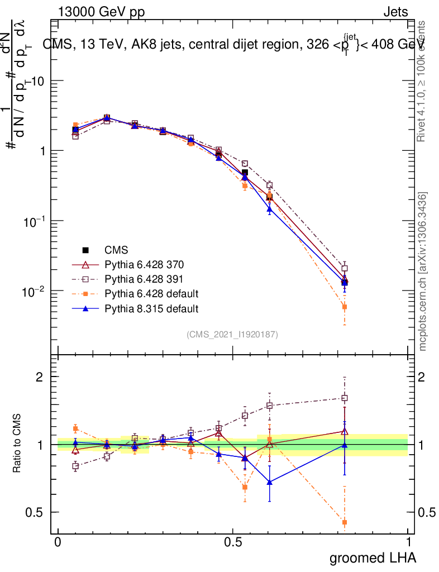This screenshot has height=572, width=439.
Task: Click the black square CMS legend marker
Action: pyautogui.click(x=86, y=250)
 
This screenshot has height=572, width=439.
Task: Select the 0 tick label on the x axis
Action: pyautogui.click(x=58, y=542)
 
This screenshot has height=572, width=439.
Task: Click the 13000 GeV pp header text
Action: pyautogui.click(x=101, y=13)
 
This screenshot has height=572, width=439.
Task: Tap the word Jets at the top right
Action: pyautogui.click(x=395, y=13)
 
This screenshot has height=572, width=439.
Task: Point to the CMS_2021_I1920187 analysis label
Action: pyautogui.click(x=232, y=334)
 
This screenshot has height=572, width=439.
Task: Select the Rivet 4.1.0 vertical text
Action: pyautogui.click(x=423, y=81)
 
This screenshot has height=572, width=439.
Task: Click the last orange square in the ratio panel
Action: pyautogui.click(x=345, y=523)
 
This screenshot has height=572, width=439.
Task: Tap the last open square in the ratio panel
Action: pyautogui.click(x=345, y=398)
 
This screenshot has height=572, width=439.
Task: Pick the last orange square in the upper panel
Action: pyautogui.click(x=345, y=307)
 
